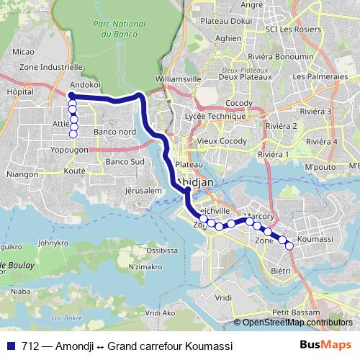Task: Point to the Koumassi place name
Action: coord(315,238)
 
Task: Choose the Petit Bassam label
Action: coord(292,312)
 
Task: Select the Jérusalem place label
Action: coord(140,191)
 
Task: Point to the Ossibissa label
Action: coord(163,251)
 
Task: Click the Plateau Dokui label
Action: coord(220,22)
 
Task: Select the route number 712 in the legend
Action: coord(30,346)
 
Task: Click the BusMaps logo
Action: coord(325,346)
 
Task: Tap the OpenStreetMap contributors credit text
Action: coord(297,323)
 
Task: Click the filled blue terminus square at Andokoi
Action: coord(72,95)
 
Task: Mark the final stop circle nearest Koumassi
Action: coord(289,246)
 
